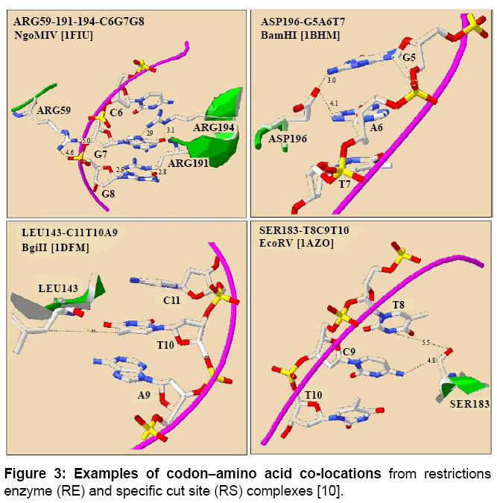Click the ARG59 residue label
(x=55, y=111)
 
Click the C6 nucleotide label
(x=115, y=113)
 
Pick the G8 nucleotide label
(x=109, y=194)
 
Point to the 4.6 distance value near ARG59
(x=69, y=153)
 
